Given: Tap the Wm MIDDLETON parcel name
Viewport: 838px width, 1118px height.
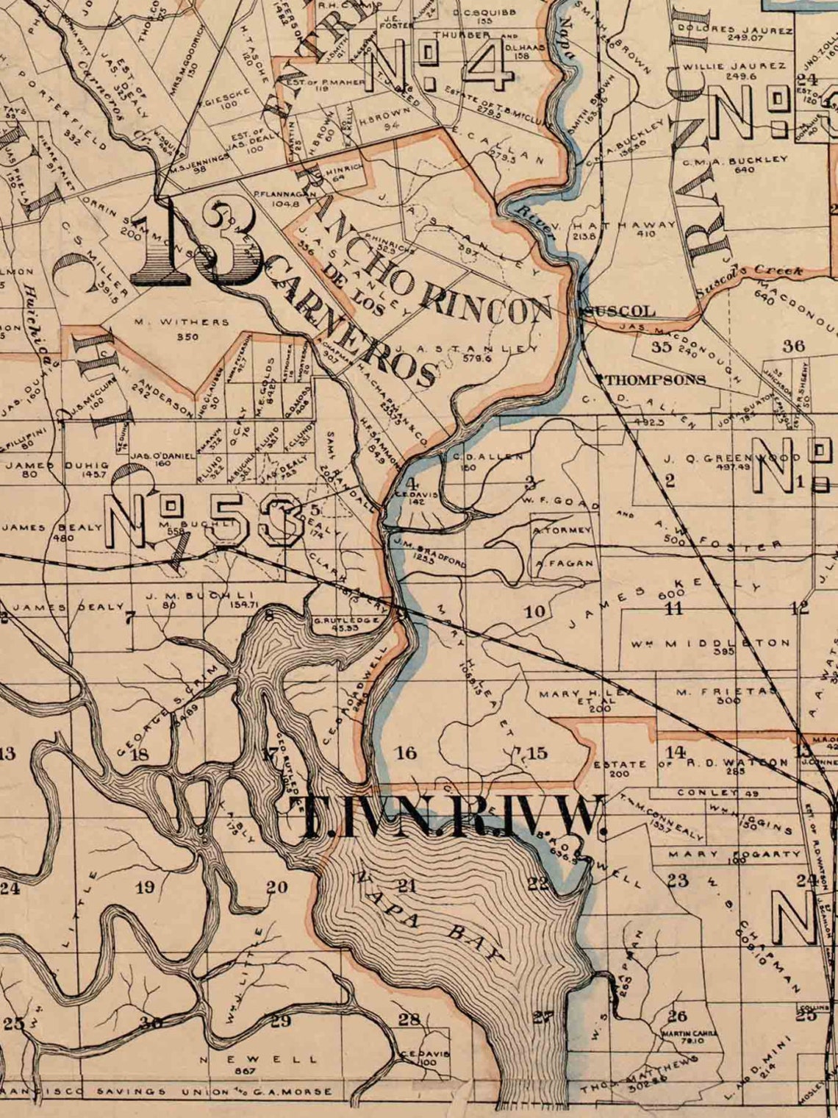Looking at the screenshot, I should pyautogui.click(x=709, y=644).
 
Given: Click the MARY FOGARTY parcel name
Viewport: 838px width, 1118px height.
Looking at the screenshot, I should pyautogui.click(x=734, y=854).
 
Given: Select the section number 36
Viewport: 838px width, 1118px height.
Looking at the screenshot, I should pyautogui.click(x=794, y=345).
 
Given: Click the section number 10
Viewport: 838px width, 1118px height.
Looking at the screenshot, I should pyautogui.click(x=534, y=611).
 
